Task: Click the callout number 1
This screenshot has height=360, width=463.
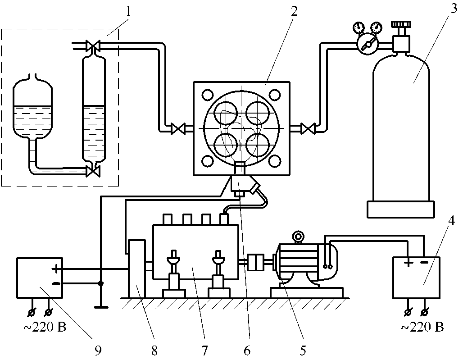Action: click(128, 11)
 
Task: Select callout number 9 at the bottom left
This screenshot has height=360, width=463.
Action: click(98, 350)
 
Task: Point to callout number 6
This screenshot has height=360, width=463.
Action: click(247, 350)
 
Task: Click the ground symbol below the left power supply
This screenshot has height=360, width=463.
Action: click(101, 307)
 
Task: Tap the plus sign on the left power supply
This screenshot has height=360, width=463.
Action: click(56, 269)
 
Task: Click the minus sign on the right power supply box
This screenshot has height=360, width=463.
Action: click(424, 262)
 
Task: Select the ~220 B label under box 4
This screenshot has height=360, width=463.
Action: click(422, 327)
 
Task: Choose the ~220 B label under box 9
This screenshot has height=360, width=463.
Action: click(45, 327)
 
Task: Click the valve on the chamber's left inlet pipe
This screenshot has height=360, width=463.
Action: click(178, 129)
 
